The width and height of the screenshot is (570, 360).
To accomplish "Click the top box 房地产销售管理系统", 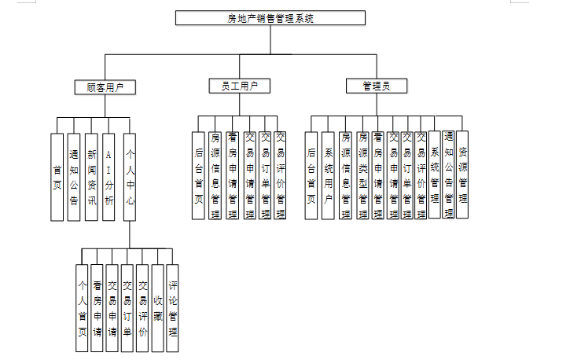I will coord(270,18).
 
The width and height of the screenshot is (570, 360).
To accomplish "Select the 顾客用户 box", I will coord(105,86).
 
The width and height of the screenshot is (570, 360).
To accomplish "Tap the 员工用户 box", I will coord(241,86).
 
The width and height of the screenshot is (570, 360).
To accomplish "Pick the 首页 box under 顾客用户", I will coord(57,177).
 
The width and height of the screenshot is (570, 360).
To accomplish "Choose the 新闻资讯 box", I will coord(92,177).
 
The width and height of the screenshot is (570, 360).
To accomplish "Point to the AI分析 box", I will coord(110,177).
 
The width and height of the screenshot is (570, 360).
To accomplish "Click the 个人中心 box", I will coord(131,177).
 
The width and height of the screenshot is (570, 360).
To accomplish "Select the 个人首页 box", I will coord(82,308).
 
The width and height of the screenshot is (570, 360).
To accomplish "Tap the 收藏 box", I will coord(158,308).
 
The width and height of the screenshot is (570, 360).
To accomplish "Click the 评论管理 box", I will coord(173,308).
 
